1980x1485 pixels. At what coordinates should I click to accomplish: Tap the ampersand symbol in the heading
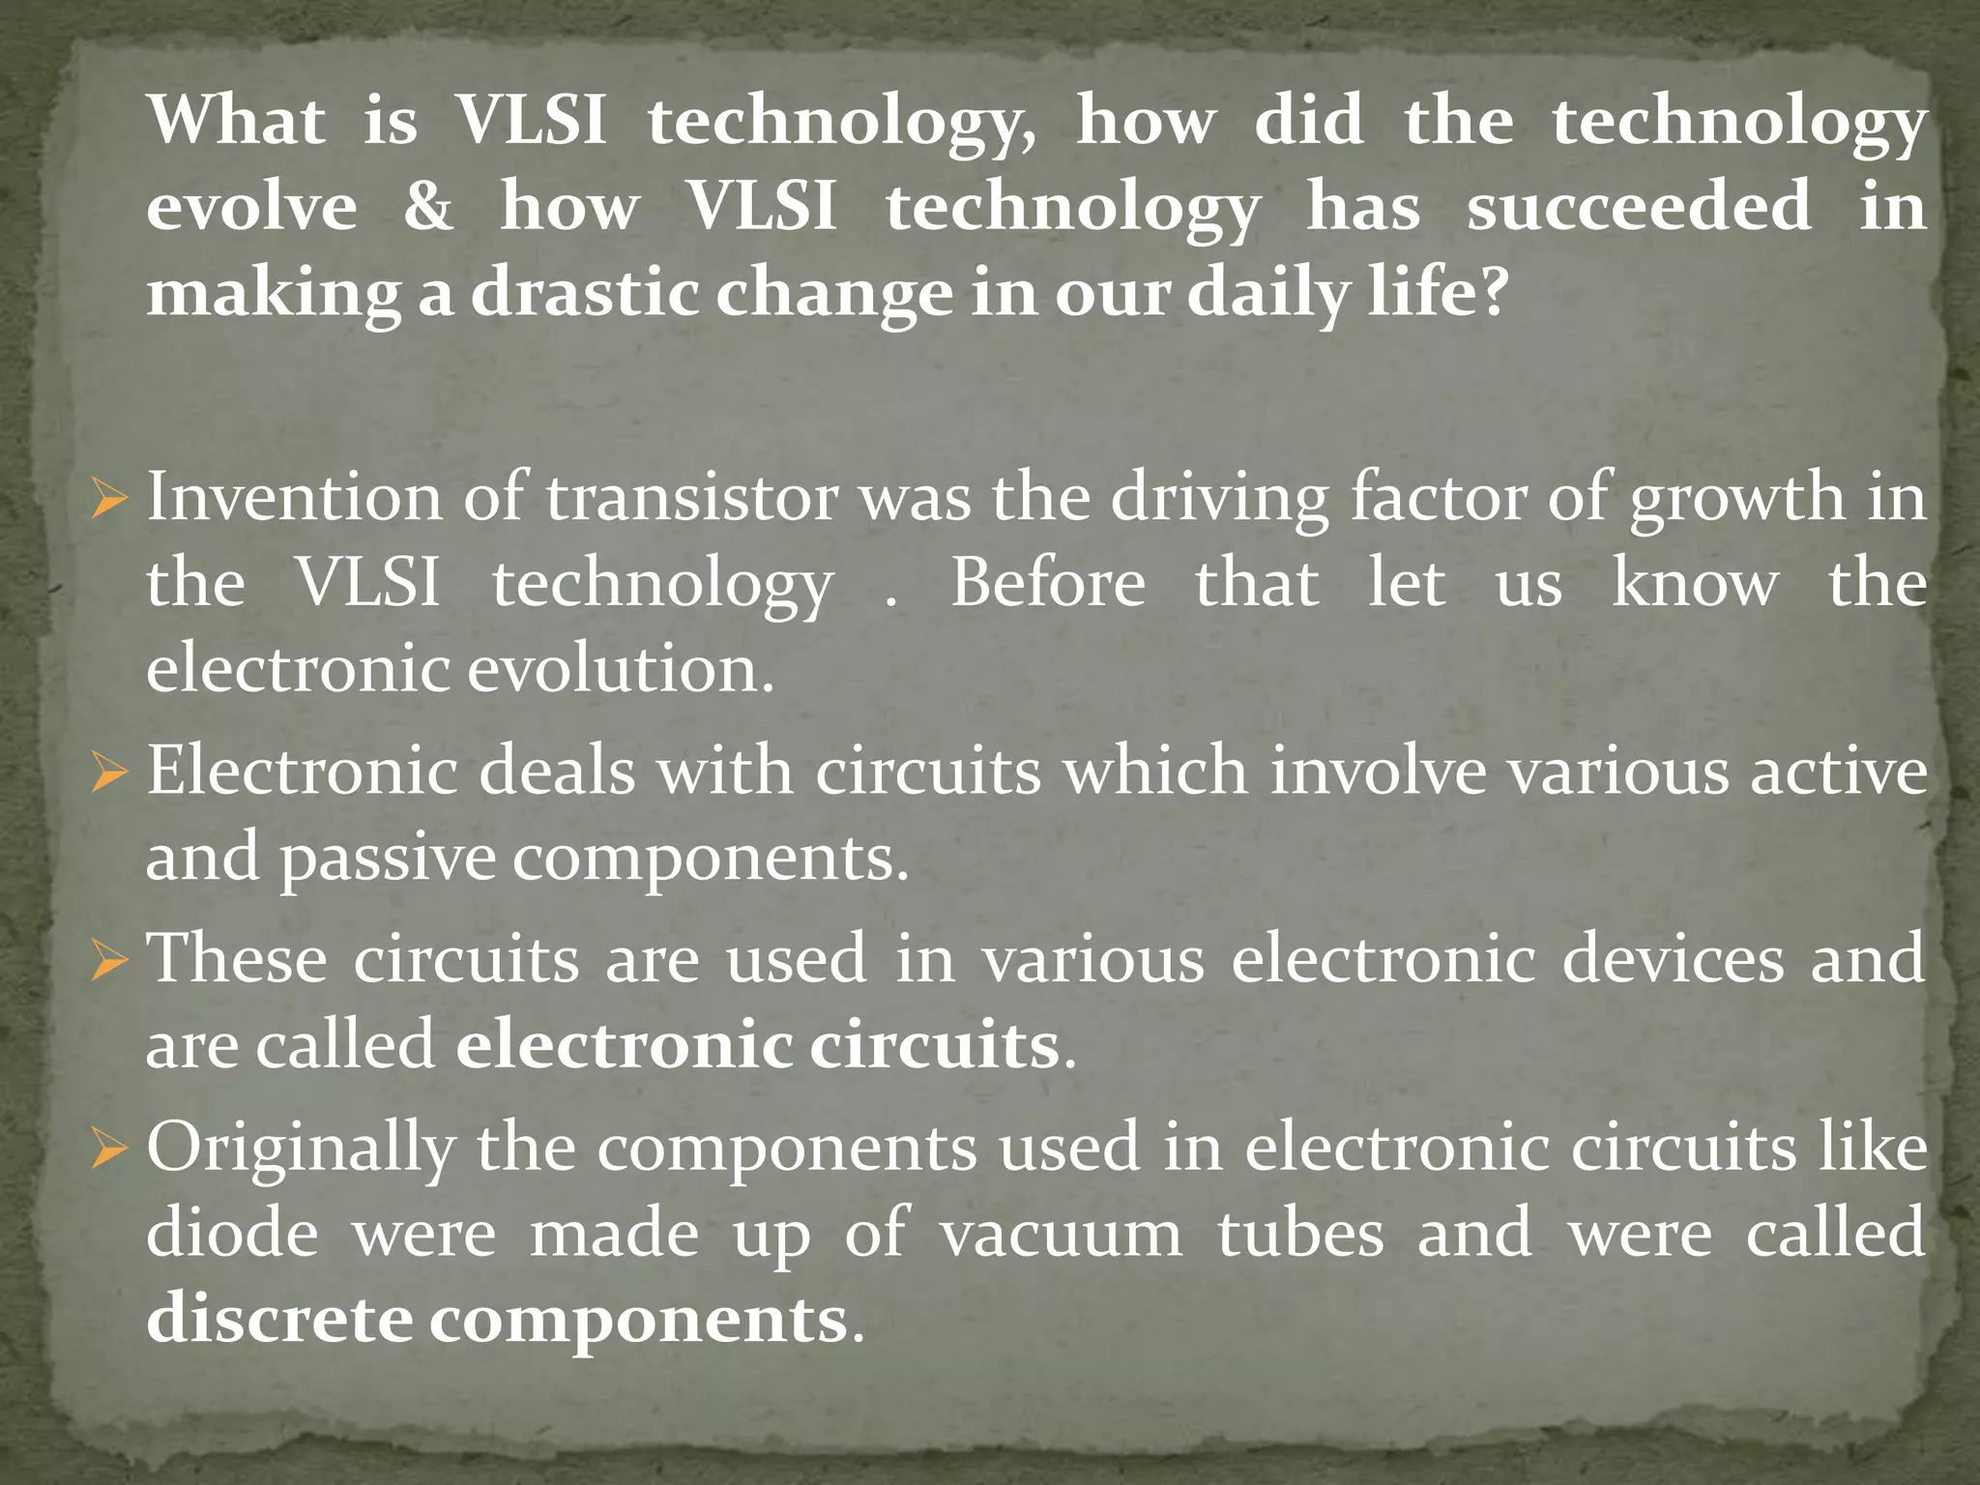tap(427, 206)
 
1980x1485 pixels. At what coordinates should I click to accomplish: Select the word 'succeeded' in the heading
tap(1639, 206)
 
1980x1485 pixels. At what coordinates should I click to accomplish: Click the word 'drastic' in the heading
tap(585, 291)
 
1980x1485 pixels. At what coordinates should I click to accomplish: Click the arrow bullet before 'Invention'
tap(109, 500)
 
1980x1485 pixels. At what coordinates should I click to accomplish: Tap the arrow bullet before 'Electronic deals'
tap(109, 774)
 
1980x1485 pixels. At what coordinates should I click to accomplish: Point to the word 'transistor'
tap(692, 497)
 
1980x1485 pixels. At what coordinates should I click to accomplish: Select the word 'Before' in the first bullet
tap(1048, 583)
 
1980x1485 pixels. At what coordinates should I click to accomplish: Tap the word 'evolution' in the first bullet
tap(614, 668)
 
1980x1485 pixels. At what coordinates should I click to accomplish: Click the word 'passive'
tap(388, 858)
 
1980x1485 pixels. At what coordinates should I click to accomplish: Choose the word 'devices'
tap(1674, 959)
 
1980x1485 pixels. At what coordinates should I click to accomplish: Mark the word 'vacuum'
tap(1062, 1235)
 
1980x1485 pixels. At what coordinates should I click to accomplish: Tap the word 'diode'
tap(232, 1235)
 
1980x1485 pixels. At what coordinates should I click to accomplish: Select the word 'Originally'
tap(301, 1150)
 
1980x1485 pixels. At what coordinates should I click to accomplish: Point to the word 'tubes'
tap(1300, 1235)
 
